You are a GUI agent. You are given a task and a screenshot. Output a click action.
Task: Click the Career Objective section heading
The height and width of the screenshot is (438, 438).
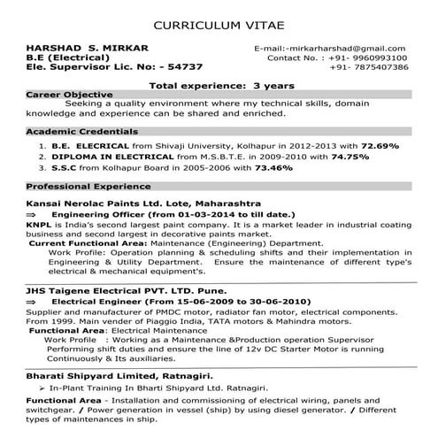[70, 93]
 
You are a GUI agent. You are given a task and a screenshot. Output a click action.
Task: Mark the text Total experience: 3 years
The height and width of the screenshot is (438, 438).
[218, 84]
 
